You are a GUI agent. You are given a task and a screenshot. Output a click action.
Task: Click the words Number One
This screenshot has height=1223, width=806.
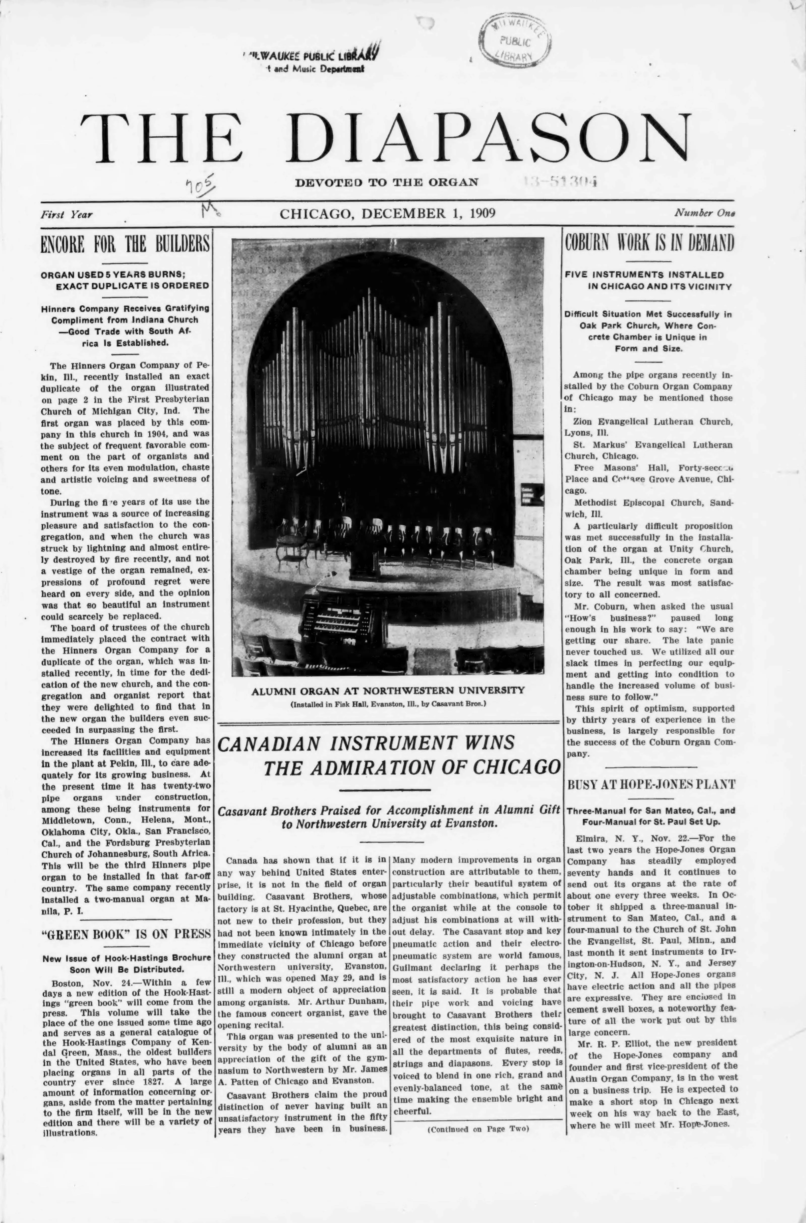click(x=704, y=213)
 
